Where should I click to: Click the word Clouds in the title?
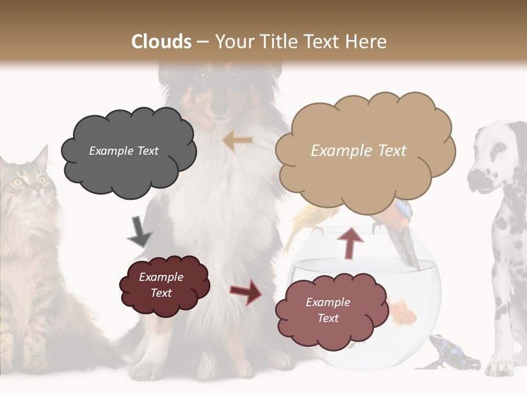pos(161,42)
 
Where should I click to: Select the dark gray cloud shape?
pos(127,151)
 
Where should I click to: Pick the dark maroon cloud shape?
pos(164,285)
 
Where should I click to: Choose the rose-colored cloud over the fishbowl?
pos(328,310)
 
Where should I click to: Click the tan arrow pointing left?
pos(238,141)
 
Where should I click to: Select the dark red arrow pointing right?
pos(245,291)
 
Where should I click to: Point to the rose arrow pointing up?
pos(350,242)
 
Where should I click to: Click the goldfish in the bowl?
pos(403,310)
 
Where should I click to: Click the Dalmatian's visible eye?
pos(500,147)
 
